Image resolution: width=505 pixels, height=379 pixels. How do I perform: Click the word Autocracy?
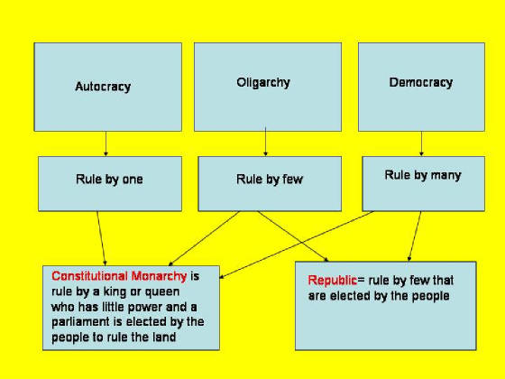click(x=103, y=87)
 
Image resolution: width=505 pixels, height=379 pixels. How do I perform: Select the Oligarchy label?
click(x=263, y=82)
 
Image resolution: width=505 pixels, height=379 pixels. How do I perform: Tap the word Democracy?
click(x=421, y=82)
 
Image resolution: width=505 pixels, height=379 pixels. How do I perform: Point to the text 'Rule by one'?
click(x=109, y=180)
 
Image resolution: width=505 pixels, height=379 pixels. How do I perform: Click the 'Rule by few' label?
click(x=270, y=180)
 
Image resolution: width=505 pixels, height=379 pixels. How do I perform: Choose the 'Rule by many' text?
click(x=423, y=175)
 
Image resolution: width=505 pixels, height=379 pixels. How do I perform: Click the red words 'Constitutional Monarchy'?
click(x=119, y=276)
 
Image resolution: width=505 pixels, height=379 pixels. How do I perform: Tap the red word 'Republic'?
click(x=333, y=281)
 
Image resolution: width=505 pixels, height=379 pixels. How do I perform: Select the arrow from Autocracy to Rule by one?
click(x=106, y=143)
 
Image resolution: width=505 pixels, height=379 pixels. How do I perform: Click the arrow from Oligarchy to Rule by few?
click(x=265, y=142)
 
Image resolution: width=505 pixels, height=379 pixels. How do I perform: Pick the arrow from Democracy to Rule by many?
click(x=421, y=143)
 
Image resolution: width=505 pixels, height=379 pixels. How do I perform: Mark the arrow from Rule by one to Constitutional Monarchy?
click(x=101, y=238)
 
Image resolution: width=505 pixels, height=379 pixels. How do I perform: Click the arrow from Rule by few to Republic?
click(x=293, y=236)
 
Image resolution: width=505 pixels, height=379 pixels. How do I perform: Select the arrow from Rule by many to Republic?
click(x=415, y=236)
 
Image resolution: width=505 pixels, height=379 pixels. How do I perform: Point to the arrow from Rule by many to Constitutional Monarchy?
click(x=297, y=245)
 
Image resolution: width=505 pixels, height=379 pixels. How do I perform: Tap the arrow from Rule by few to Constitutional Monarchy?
click(x=204, y=238)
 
